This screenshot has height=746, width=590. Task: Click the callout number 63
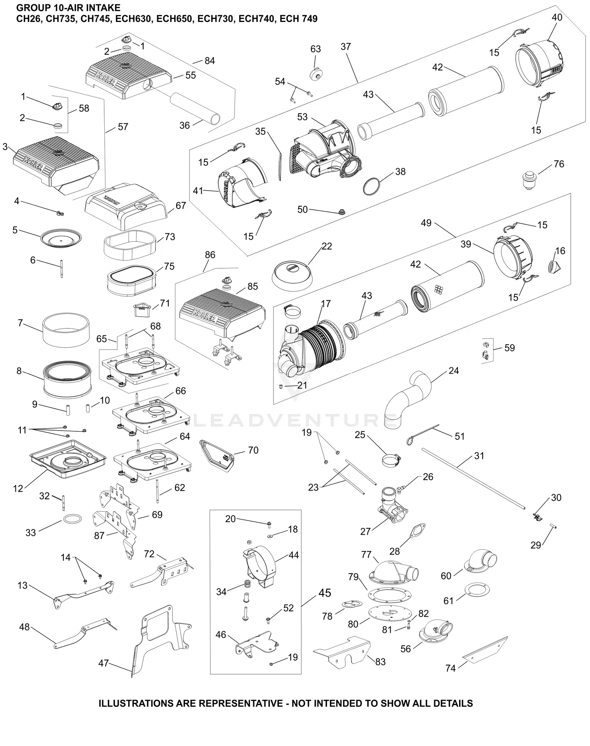click(315, 49)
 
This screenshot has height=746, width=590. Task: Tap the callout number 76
click(559, 164)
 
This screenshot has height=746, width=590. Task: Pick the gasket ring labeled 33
click(72, 519)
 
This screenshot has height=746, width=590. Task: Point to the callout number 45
click(324, 593)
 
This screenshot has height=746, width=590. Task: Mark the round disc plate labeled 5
click(61, 237)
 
